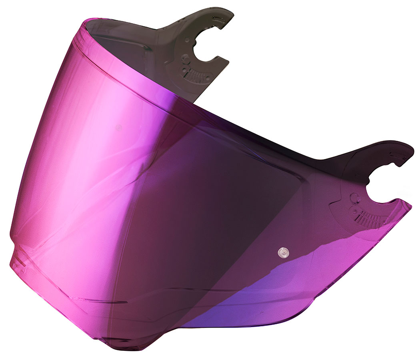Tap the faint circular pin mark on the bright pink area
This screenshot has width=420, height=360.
point(118,128)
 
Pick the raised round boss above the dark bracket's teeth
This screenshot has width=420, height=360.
point(185,60)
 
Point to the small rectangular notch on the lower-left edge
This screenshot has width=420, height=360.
point(16,256)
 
